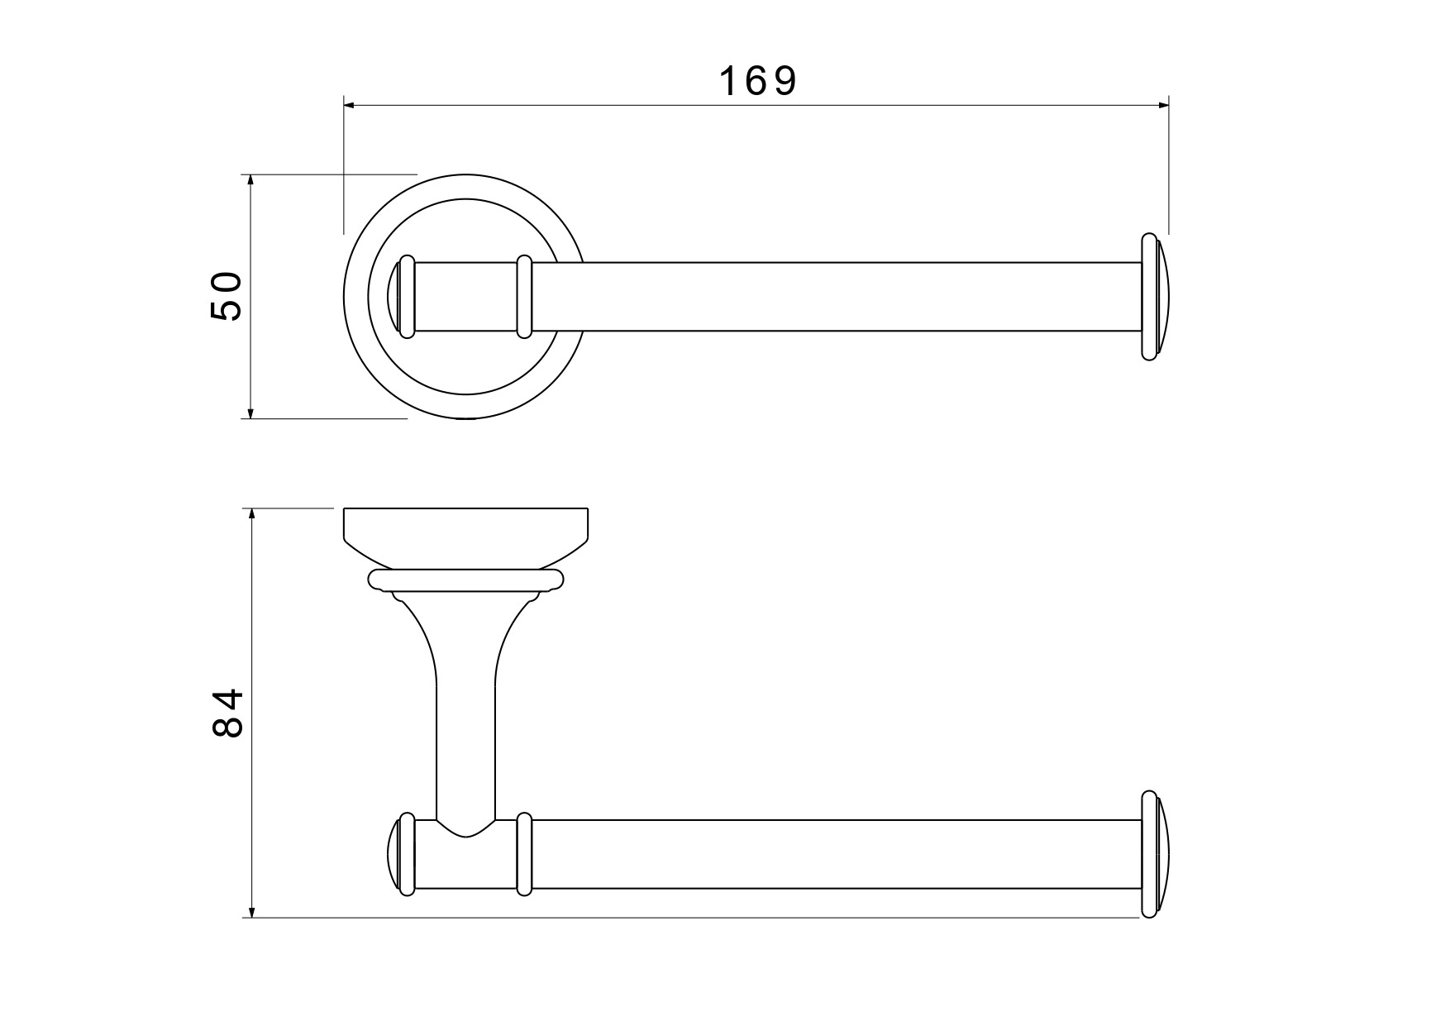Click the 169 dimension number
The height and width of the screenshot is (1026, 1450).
pos(757,81)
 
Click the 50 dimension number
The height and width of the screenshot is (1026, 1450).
pos(226,296)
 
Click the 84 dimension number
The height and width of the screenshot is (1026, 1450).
pos(227,713)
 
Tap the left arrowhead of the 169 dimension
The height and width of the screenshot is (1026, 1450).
pos(349,105)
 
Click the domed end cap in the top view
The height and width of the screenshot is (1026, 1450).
pos(1156,297)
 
